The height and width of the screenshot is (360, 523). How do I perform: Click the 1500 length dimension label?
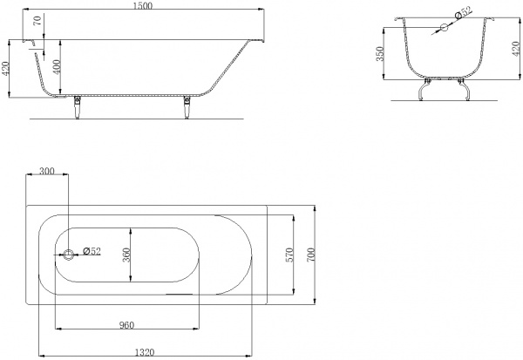pos(142,6)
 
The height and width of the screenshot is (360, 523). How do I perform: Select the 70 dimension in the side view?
pos(38,21)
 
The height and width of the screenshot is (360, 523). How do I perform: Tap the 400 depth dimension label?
pos(57,67)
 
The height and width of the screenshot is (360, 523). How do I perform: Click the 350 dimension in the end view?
pos(380,54)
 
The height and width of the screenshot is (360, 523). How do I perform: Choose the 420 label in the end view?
pos(516,49)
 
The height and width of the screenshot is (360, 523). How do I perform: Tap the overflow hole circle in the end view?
pos(444,27)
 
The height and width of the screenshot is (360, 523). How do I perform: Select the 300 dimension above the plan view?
pos(47,171)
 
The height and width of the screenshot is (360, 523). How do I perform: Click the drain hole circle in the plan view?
pos(68,255)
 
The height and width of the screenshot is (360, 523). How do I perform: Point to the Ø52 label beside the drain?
pos(92,251)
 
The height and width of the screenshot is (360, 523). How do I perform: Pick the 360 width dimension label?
pos(126,255)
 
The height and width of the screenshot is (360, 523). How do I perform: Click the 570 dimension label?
pos(289,255)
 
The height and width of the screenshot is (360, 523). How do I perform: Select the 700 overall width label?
pos(310,255)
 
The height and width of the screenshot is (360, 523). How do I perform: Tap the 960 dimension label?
pos(126,324)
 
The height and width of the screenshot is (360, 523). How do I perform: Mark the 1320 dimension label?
pos(145,352)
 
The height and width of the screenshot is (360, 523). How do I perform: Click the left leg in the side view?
pos(78,107)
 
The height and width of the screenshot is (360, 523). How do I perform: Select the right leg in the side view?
pos(187,107)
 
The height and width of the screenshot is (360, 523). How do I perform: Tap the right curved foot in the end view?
pos(464,90)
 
